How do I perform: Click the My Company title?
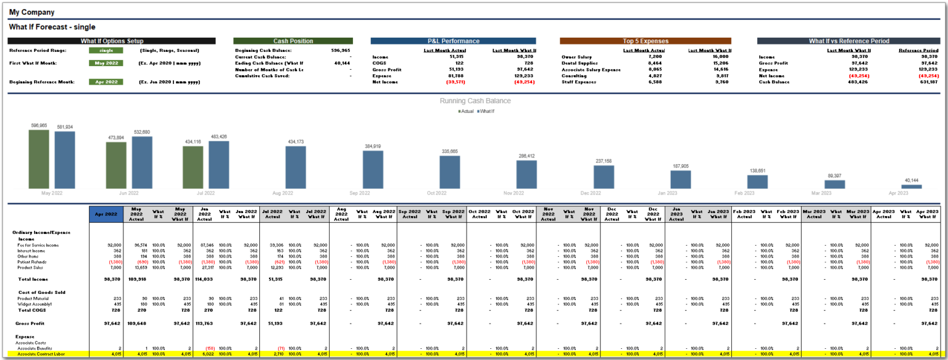31,12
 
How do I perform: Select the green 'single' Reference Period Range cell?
106,51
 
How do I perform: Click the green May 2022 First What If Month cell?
106,63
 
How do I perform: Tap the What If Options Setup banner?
112,41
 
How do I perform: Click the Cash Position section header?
293,41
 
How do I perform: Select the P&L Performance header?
454,41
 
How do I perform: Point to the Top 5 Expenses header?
645,41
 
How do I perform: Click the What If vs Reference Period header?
848,41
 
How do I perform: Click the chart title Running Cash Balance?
475,101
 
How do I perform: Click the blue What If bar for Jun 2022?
142,162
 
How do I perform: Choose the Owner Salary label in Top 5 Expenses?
576,56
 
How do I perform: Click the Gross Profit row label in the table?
27,323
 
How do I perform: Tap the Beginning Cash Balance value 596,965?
341,51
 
